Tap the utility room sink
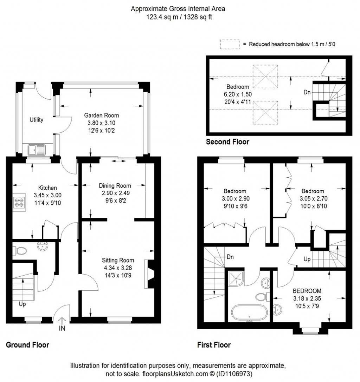pos(36,150)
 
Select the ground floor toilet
pos(21,251)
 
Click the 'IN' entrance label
pos(62,329)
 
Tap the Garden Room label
pos(101,115)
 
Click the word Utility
pos(36,120)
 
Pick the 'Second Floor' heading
pos(227,142)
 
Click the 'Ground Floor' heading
pos(27,345)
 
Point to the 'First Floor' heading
pos(214,345)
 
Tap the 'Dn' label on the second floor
pos(307,93)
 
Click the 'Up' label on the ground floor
pos(22,304)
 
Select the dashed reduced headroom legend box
pos(230,45)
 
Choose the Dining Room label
pos(115,186)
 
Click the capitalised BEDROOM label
pos(307,291)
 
